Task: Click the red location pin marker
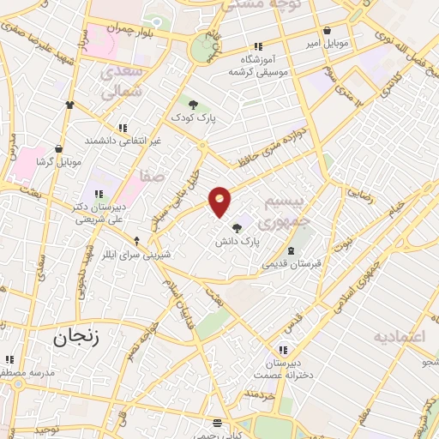220,201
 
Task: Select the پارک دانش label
237,243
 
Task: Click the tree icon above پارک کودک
194,104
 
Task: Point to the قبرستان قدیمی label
292,264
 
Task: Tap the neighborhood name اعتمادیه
399,336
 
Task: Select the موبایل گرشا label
58,161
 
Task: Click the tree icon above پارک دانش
237,227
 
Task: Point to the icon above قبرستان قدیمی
292,250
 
